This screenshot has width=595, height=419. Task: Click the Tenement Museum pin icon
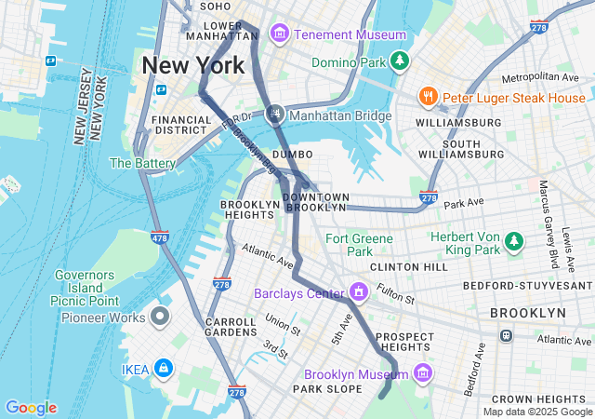[x=278, y=34]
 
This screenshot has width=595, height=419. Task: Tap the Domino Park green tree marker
[x=400, y=61]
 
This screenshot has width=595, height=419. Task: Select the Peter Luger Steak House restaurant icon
[x=429, y=96]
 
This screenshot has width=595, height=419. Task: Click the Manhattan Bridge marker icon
[x=275, y=115]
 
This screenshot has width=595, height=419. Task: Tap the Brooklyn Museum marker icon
[x=422, y=373]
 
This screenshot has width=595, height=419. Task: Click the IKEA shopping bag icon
[x=164, y=369]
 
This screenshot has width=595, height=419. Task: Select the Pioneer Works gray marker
[x=161, y=317]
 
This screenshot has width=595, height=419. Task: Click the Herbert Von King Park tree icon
[x=513, y=243]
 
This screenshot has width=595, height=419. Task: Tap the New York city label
[x=193, y=65]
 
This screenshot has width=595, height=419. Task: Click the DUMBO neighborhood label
[x=293, y=154]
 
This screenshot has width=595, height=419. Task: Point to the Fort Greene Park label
[x=360, y=245]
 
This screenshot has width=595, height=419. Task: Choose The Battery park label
[x=142, y=163]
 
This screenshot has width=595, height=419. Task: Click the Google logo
[x=31, y=408]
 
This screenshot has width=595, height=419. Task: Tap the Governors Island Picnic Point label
[x=85, y=288]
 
